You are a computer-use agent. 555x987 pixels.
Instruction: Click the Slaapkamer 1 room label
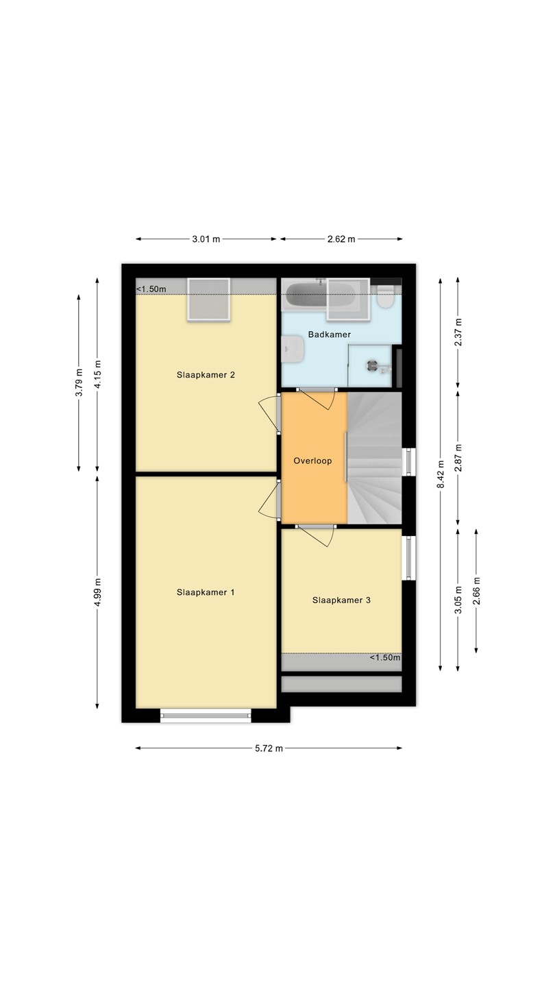point(206,592)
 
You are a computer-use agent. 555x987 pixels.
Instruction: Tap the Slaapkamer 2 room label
point(206,375)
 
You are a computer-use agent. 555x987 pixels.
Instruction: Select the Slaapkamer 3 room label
point(341,600)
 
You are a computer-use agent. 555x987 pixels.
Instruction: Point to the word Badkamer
point(330,334)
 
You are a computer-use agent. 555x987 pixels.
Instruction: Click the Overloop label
point(312,461)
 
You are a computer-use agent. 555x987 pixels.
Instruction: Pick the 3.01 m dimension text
point(206,239)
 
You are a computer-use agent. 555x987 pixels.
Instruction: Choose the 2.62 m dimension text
point(341,239)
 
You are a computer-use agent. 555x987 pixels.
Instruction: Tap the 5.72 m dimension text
point(269,748)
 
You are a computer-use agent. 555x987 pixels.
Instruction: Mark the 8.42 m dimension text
point(441,474)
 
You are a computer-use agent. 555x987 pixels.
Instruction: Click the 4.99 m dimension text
point(97,592)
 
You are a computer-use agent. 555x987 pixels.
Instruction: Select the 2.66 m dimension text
point(476,591)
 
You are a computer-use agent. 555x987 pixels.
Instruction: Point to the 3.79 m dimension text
point(79,382)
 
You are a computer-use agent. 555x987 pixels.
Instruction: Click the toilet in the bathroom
point(385,295)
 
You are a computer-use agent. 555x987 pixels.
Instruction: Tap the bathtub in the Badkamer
point(320,295)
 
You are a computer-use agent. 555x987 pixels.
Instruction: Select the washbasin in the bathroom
point(293,349)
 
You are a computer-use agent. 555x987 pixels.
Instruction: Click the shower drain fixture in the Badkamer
point(373,365)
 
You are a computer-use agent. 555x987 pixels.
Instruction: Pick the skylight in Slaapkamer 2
point(209,299)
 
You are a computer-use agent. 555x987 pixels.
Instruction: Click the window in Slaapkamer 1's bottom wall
point(206,716)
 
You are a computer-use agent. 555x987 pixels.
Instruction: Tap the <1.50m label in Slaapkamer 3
point(385,658)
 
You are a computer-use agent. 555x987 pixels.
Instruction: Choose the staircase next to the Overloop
point(374,459)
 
